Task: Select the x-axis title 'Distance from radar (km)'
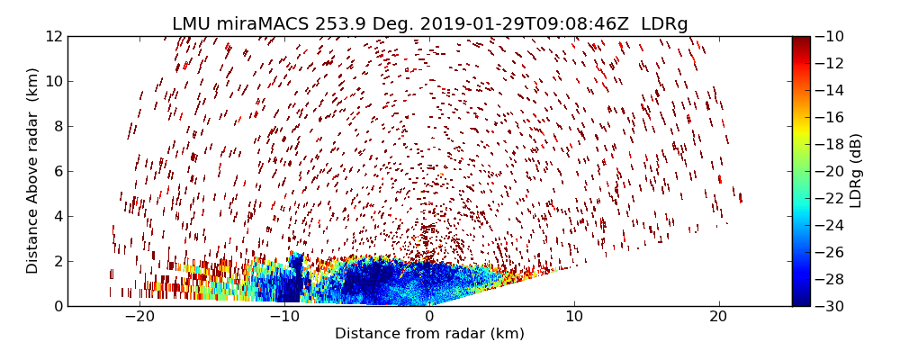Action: [x=429, y=334]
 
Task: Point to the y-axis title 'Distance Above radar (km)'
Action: [x=33, y=171]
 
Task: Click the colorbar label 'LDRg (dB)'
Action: [x=856, y=171]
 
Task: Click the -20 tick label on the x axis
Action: [x=139, y=317]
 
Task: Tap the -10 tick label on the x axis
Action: [x=284, y=317]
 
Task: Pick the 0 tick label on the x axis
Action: [x=429, y=317]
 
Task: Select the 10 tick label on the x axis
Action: [x=574, y=317]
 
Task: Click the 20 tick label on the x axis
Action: [x=718, y=317]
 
